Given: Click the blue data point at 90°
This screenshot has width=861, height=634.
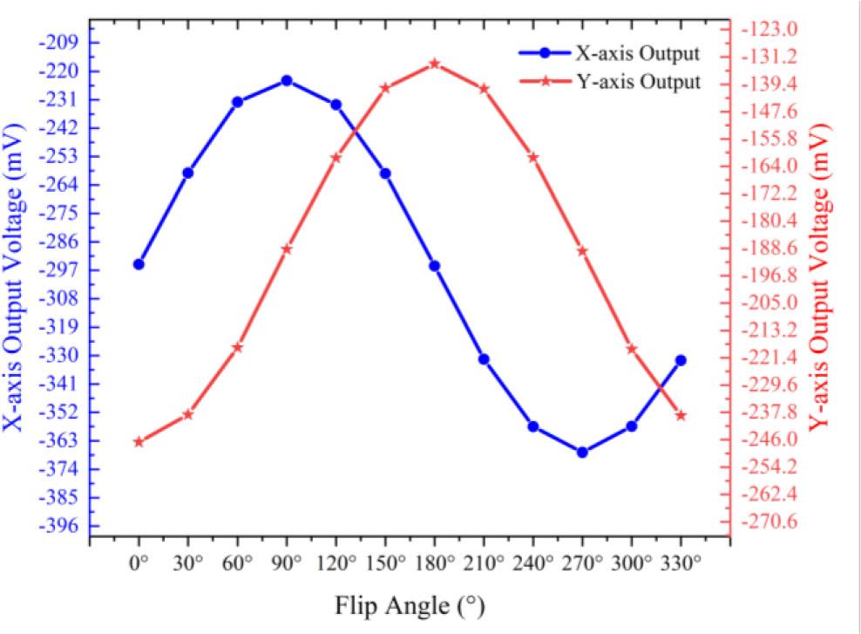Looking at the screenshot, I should (x=287, y=80).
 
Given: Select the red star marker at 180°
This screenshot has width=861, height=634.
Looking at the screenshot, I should (x=435, y=64).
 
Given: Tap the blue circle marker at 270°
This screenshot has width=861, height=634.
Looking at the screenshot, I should (x=582, y=452).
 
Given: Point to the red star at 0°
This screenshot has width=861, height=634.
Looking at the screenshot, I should (x=139, y=441).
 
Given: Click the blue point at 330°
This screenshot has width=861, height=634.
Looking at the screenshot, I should (x=681, y=360).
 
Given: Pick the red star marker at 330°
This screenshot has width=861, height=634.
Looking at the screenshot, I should (x=681, y=415).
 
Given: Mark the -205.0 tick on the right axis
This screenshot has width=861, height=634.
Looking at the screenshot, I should (x=766, y=303).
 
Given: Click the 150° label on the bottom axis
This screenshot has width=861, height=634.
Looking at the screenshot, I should (x=385, y=563).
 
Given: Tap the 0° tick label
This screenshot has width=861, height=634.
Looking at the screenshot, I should (x=139, y=563).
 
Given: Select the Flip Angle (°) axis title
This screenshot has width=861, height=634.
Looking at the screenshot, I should (x=410, y=605).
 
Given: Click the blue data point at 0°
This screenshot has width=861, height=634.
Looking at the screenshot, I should (x=139, y=263).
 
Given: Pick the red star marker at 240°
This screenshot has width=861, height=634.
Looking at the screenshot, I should (x=533, y=157).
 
